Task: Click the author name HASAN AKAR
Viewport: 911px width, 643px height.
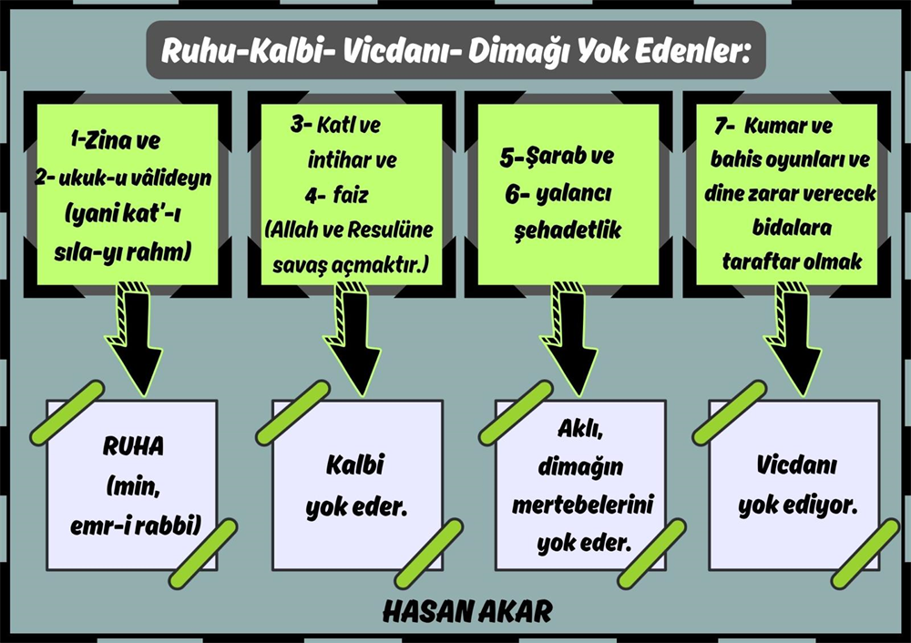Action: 467,612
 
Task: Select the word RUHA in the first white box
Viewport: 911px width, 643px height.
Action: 133,446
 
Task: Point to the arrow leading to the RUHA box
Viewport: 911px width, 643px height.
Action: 134,340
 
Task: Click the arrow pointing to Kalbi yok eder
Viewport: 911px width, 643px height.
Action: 352,340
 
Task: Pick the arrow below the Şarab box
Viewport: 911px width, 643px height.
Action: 568,340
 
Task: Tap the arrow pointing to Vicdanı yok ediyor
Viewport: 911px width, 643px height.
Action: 793,340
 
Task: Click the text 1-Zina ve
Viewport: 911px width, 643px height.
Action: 115,141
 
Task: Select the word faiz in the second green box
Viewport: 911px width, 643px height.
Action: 351,195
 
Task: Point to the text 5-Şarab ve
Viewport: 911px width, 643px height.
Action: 557,157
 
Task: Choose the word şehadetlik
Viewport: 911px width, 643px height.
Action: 568,230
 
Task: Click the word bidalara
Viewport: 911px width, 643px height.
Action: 792,227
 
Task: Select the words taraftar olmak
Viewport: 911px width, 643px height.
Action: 792,261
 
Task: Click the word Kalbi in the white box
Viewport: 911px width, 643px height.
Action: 355,465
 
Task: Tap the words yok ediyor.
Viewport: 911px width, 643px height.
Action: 798,506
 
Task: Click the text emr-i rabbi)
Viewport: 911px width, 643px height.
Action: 136,526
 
